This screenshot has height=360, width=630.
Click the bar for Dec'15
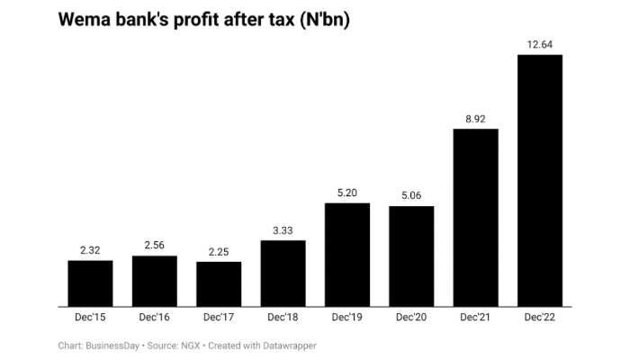[x=90, y=283]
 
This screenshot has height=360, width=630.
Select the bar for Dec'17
[x=219, y=284]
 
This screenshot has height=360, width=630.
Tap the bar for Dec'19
[x=347, y=255]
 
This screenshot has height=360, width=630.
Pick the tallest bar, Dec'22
[x=540, y=180]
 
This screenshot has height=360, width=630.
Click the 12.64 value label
[x=540, y=44]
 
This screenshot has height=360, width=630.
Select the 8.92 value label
[x=476, y=118]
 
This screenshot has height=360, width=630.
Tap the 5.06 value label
[x=411, y=195]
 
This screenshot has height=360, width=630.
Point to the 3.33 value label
[x=283, y=229]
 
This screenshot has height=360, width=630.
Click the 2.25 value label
[x=219, y=251]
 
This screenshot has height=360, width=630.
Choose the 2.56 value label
[x=155, y=245]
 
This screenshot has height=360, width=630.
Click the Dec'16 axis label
[x=155, y=318]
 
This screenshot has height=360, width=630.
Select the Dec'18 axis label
[x=283, y=318]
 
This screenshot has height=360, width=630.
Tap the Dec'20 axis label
[x=411, y=318]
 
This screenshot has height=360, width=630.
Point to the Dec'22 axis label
[x=540, y=318]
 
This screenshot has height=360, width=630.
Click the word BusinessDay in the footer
[x=112, y=345]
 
